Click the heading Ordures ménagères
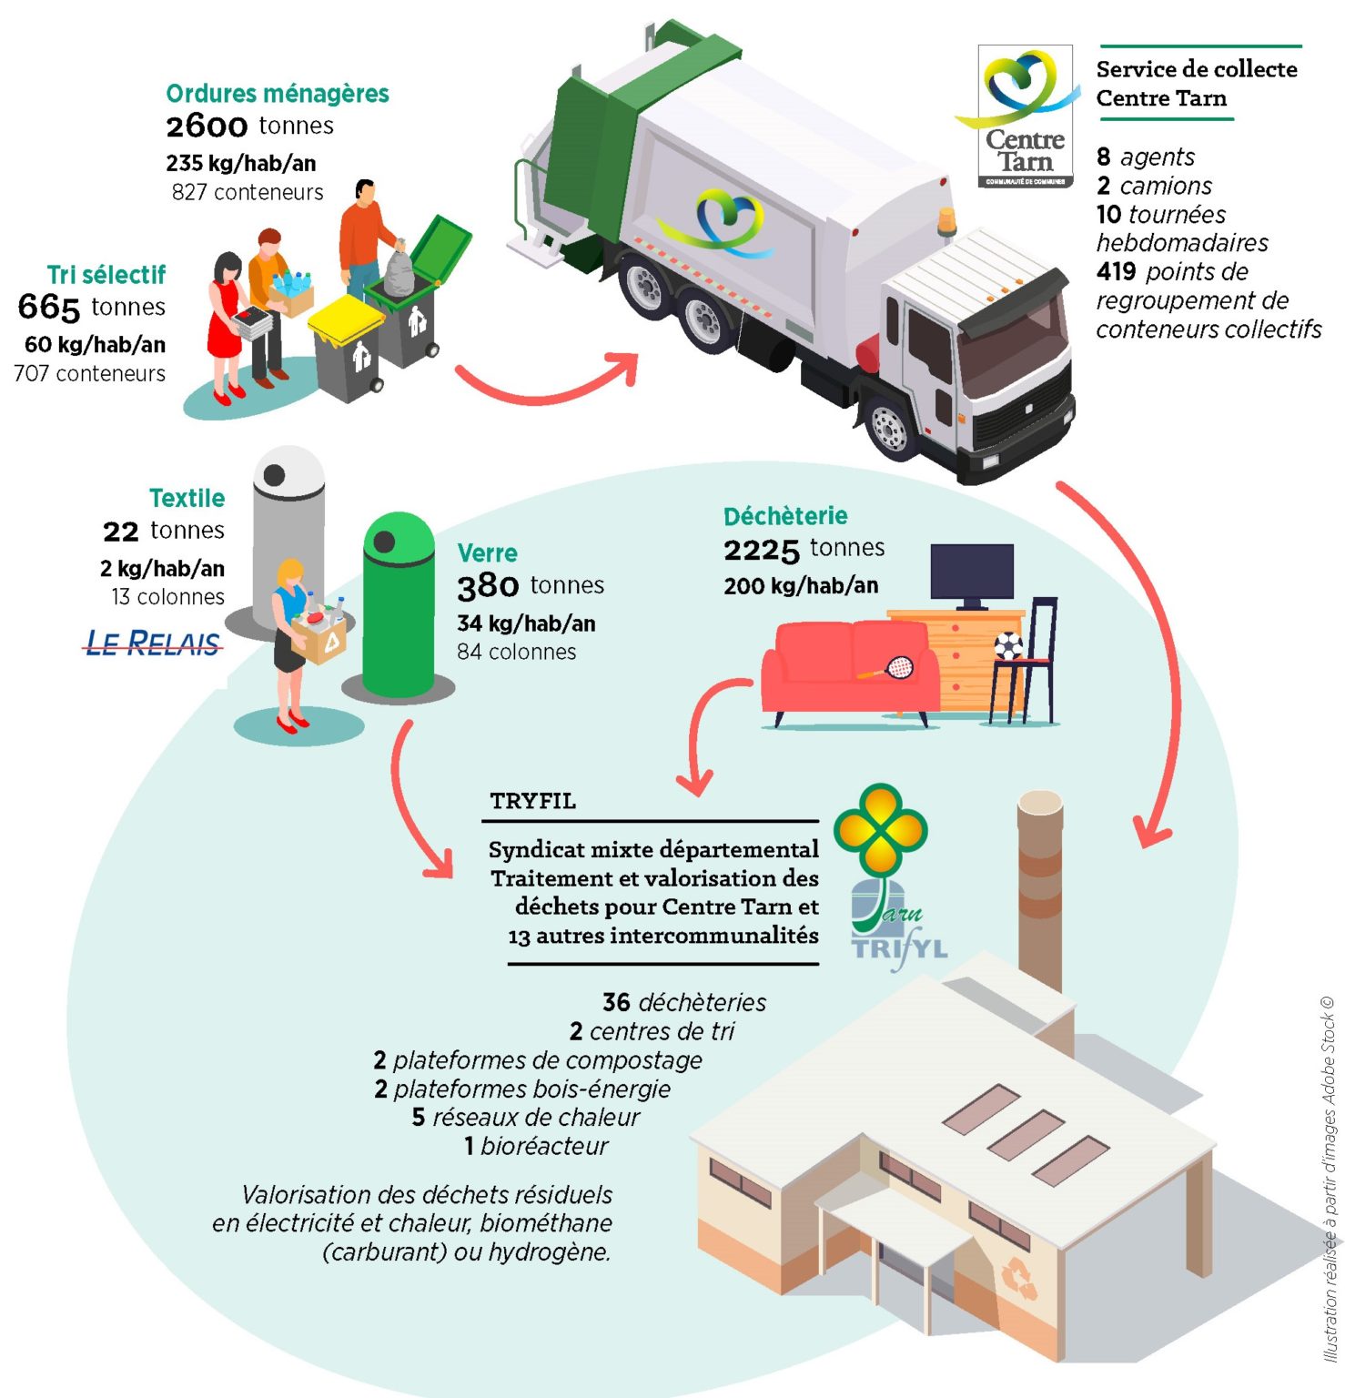(277, 94)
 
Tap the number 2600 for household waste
(207, 126)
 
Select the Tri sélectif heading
(106, 275)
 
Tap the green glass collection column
(399, 605)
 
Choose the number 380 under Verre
(488, 586)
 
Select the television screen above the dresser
(972, 572)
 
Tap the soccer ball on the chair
(1009, 645)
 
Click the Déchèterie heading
(785, 516)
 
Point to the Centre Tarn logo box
(1025, 116)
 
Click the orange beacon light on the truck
(947, 219)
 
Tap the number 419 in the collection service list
(1116, 271)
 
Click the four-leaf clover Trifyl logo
(881, 828)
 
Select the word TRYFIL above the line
(532, 801)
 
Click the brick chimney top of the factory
(1040, 805)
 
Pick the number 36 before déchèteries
(616, 1002)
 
